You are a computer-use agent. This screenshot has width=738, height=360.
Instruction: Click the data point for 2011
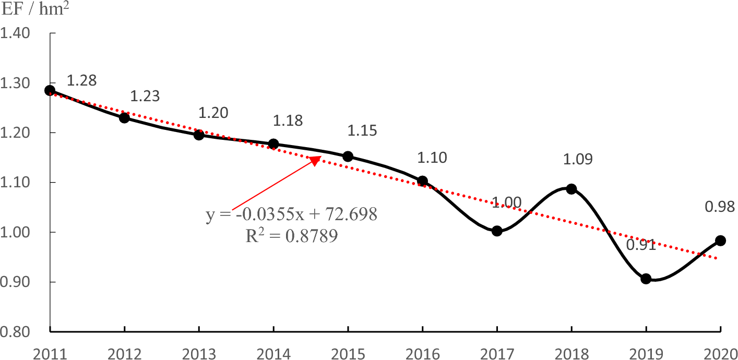[x=50, y=90]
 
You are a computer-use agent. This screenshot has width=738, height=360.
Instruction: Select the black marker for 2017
[x=497, y=231]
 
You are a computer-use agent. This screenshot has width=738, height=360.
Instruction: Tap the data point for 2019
[x=646, y=279]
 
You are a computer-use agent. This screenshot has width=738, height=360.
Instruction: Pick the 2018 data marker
[x=572, y=189]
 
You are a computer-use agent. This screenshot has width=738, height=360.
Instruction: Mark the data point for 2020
[x=721, y=241]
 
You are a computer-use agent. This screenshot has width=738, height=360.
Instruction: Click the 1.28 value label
[x=82, y=80]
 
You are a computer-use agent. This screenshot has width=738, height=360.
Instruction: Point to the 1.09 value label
[x=578, y=160]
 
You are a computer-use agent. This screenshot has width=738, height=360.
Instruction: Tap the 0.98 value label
[x=720, y=207]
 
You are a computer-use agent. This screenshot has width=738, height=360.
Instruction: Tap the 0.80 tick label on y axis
[x=16, y=332]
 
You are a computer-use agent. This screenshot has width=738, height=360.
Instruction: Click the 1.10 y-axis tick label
[x=16, y=183]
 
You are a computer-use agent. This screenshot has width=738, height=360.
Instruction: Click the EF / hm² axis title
[x=37, y=10]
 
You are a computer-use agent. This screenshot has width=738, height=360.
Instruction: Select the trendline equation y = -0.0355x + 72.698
[x=291, y=214]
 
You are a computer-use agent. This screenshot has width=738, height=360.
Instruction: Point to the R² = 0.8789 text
[x=291, y=236]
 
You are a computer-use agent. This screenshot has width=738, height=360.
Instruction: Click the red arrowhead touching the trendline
[x=315, y=160]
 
